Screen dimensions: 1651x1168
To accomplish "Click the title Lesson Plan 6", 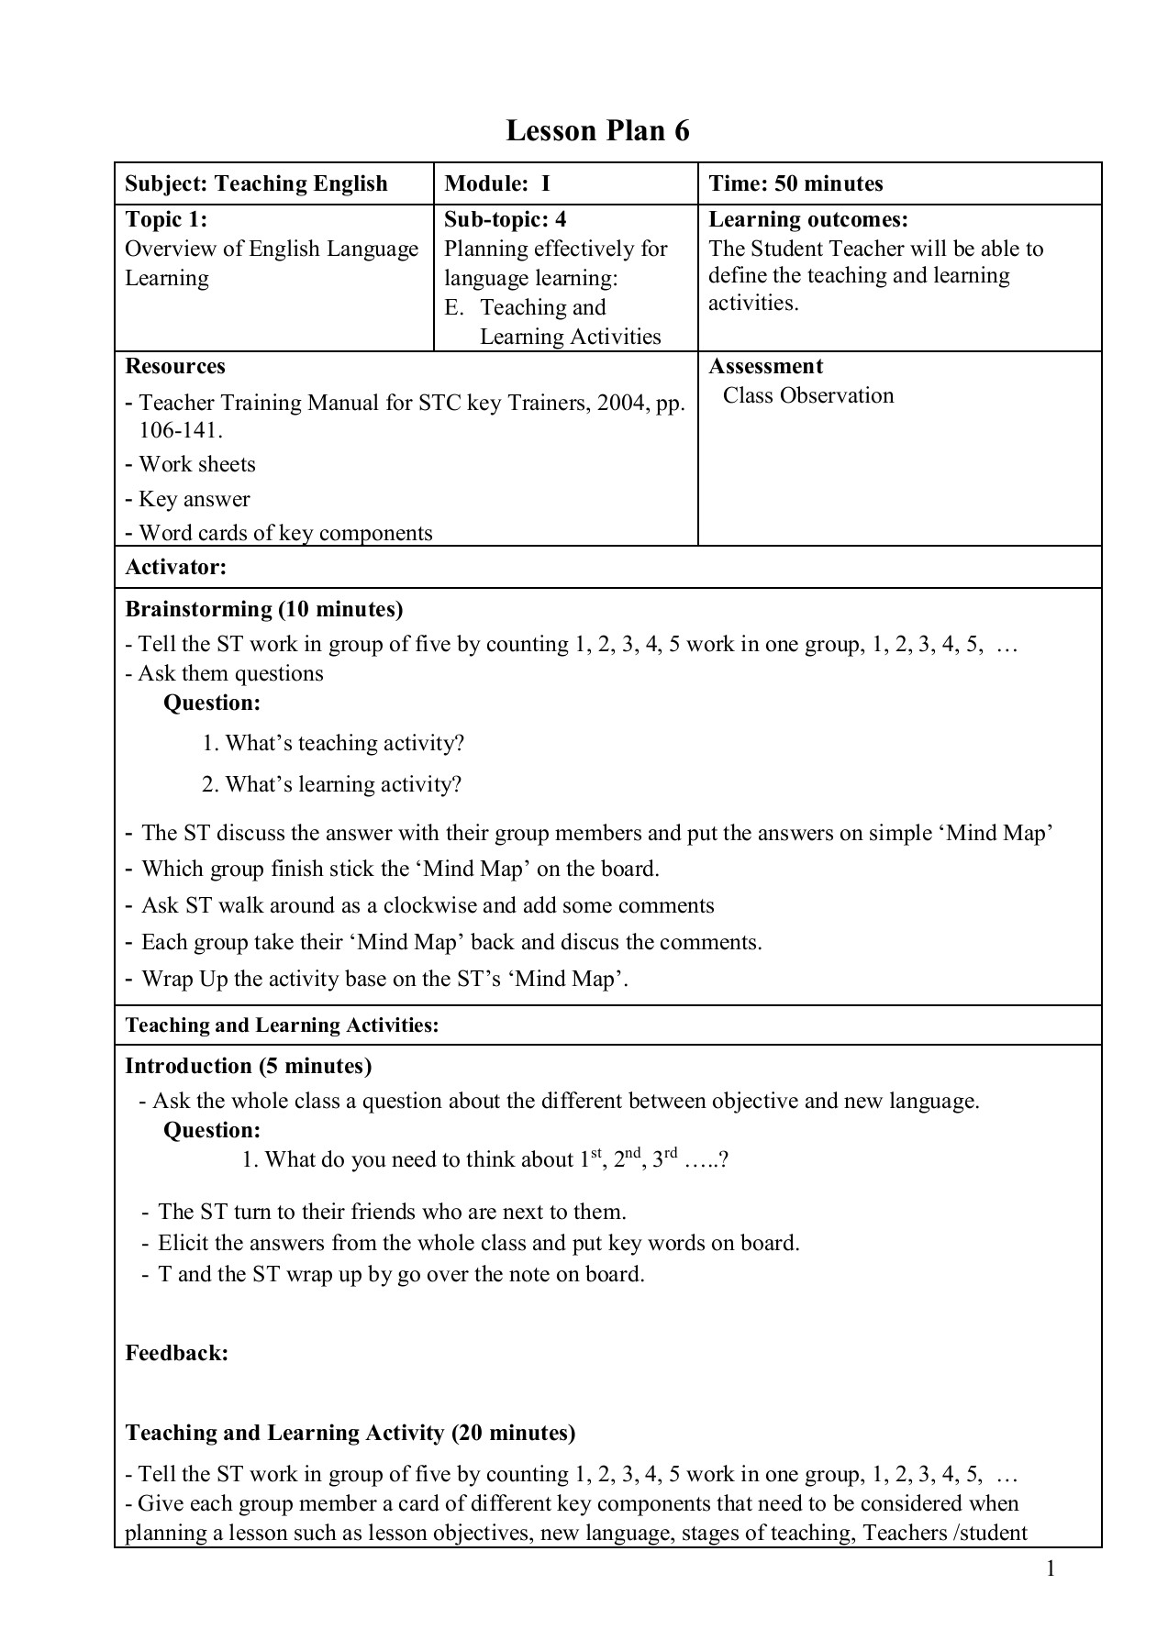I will (x=597, y=131).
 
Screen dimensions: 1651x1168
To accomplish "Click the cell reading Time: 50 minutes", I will (x=795, y=183).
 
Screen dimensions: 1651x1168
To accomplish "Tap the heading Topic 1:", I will (x=166, y=219).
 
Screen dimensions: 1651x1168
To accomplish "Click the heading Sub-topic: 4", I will (x=506, y=219).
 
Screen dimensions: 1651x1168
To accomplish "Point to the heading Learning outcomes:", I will (x=807, y=219).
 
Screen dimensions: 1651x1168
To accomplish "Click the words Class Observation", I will (x=807, y=395).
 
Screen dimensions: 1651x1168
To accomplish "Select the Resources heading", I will (x=175, y=366).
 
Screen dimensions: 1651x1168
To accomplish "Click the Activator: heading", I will (x=175, y=567).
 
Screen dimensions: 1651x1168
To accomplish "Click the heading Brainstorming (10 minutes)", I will (x=263, y=609).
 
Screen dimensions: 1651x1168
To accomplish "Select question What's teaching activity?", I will (x=344, y=743).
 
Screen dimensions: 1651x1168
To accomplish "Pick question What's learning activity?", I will (x=342, y=784).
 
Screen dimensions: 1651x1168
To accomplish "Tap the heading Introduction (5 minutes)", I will (x=248, y=1066).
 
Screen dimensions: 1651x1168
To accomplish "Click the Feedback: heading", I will (x=176, y=1353).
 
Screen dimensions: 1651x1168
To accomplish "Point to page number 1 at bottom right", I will (x=1051, y=1569).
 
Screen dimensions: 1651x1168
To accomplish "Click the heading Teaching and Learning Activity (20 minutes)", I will (x=350, y=1433).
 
